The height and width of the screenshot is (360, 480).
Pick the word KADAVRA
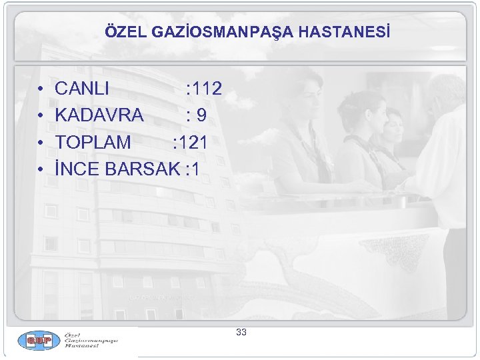pos(99,115)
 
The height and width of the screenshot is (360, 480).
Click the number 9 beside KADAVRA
pos(201,115)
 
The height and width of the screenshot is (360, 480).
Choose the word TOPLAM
pos(93,142)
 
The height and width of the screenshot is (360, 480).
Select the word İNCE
pos(78,169)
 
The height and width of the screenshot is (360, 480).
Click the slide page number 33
pos(241,332)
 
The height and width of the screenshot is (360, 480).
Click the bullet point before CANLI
pos(41,89)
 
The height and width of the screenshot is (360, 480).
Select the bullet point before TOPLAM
pos(41,143)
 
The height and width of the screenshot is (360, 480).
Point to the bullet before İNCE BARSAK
pos(41,169)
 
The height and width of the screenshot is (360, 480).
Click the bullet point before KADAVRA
pos(41,116)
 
